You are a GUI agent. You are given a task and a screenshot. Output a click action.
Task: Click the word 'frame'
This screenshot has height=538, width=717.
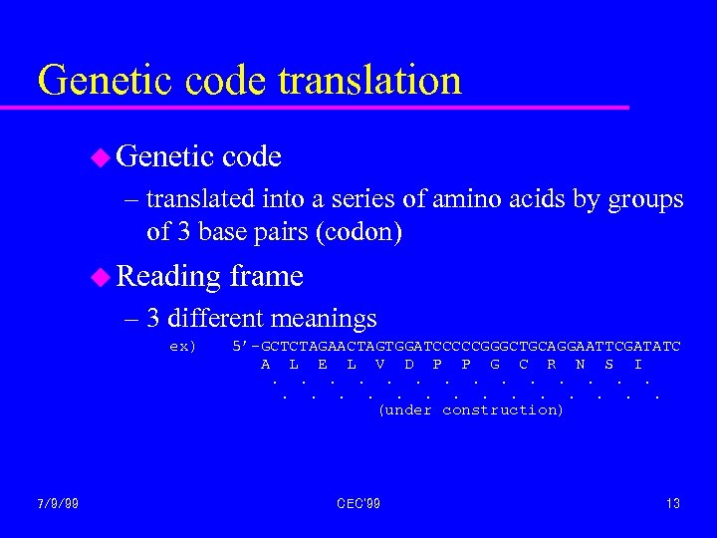tap(266, 276)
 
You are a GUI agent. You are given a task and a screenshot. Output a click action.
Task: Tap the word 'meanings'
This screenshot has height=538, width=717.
tap(323, 320)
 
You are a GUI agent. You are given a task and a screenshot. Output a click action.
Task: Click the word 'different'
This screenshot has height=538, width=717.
tap(215, 319)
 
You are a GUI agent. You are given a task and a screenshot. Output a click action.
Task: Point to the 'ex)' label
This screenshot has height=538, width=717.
tap(183, 347)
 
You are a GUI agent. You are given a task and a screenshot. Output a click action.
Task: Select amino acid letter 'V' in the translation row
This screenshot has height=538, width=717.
tap(380, 365)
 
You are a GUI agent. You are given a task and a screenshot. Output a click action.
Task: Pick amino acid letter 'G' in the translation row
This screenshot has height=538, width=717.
tap(495, 365)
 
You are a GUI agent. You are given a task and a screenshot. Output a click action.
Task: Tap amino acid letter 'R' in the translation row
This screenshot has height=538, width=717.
tap(552, 365)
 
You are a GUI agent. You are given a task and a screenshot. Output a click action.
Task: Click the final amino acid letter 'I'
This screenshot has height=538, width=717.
tap(637, 365)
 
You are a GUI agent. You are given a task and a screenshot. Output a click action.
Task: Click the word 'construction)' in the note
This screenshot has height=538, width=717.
tap(503, 410)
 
